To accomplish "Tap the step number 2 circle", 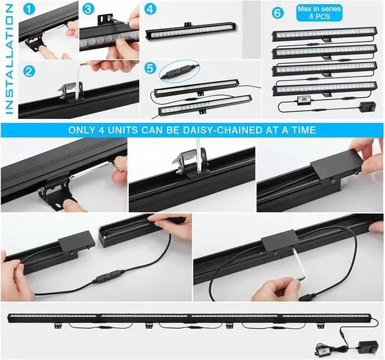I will tap(28, 69).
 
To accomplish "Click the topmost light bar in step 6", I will tap(325, 35).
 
